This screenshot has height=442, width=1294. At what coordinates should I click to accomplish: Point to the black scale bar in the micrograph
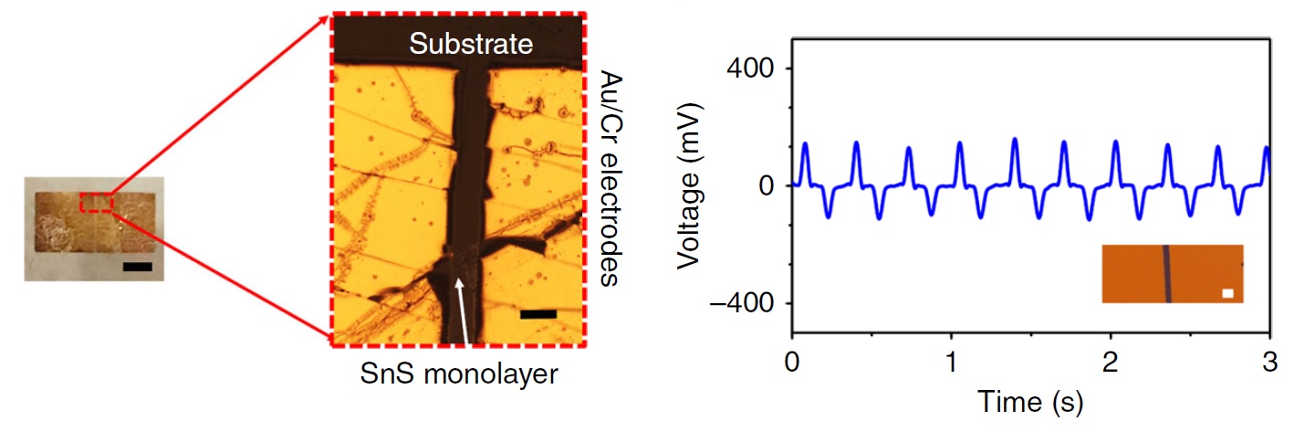click(x=538, y=314)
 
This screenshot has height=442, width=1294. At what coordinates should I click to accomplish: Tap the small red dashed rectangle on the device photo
click(x=96, y=202)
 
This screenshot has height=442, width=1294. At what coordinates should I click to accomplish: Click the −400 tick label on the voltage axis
click(x=741, y=303)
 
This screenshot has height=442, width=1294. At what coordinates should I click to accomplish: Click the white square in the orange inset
click(x=1227, y=293)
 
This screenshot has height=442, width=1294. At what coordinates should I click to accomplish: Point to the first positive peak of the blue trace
click(x=806, y=144)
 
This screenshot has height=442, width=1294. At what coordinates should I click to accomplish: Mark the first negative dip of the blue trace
click(x=828, y=216)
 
